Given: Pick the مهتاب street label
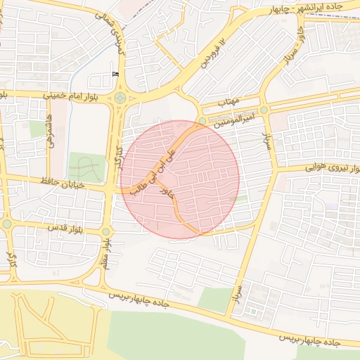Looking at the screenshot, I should click(x=229, y=103).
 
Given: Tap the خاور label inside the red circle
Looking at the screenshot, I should click(x=167, y=192).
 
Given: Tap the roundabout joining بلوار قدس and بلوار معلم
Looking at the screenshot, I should click(x=106, y=231).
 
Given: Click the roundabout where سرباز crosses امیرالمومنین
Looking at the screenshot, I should click(x=264, y=110).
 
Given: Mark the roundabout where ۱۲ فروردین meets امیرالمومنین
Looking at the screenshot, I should click(x=202, y=121).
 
